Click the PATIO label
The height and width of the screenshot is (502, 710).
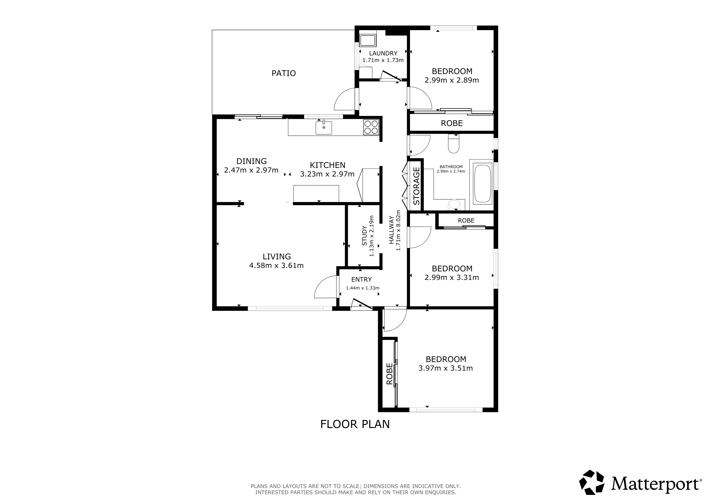coord(284,73)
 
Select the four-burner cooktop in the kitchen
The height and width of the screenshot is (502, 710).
coord(371,127)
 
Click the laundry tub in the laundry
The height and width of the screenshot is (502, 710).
coord(368,41)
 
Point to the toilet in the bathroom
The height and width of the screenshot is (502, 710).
coord(454,144)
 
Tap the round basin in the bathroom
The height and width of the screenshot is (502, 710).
coord(454,205)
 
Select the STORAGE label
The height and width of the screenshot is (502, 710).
coord(417,186)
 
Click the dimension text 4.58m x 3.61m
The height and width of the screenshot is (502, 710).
coord(277,265)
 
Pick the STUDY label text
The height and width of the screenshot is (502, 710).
coord(364,236)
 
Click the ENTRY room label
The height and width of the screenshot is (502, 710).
coord(361,279)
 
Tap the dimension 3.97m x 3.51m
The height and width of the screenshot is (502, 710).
coord(446,368)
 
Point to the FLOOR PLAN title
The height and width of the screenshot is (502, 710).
coord(355,424)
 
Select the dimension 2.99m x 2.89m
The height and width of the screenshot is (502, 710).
coord(452,80)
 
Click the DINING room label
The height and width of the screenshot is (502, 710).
coord(251,161)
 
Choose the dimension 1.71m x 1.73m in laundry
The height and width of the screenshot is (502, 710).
coord(383,60)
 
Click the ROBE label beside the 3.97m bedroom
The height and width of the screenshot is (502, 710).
coord(389,374)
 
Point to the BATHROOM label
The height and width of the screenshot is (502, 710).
coord(451,167)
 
